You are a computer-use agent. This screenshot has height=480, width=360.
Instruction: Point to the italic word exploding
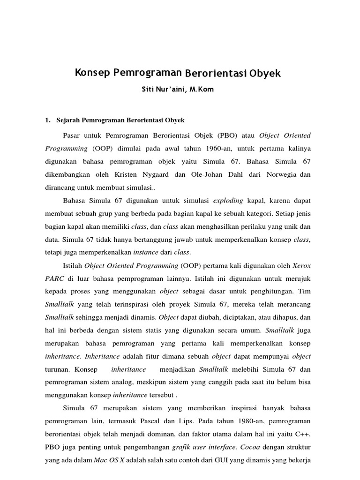(x=228, y=201)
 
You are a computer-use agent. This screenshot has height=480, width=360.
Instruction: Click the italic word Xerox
(x=301, y=266)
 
